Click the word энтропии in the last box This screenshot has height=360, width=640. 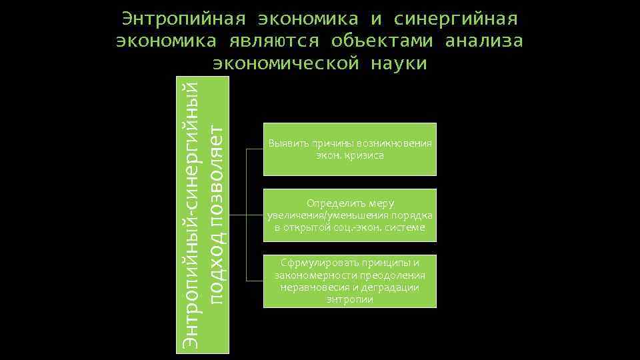click(x=350, y=299)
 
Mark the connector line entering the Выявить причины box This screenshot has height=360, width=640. click(x=255, y=149)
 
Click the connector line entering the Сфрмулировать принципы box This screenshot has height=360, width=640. click(x=255, y=281)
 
